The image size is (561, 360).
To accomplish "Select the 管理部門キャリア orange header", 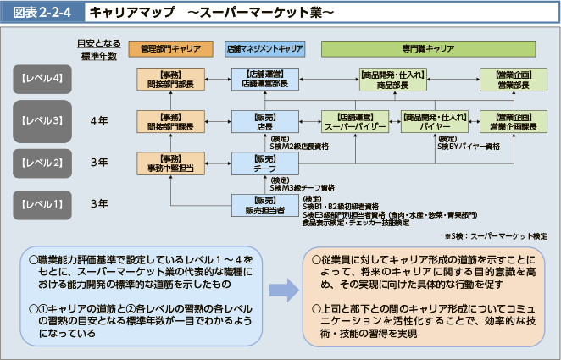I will click(x=170, y=49).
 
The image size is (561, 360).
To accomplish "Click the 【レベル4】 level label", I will click(x=41, y=80).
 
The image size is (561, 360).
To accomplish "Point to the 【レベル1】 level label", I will click(x=41, y=203).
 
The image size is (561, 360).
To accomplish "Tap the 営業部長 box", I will click(x=514, y=80).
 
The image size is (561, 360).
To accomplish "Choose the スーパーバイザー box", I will click(x=355, y=121).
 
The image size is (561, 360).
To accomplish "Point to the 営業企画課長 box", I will click(x=514, y=121).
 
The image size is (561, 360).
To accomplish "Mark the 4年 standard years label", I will click(x=98, y=121).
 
